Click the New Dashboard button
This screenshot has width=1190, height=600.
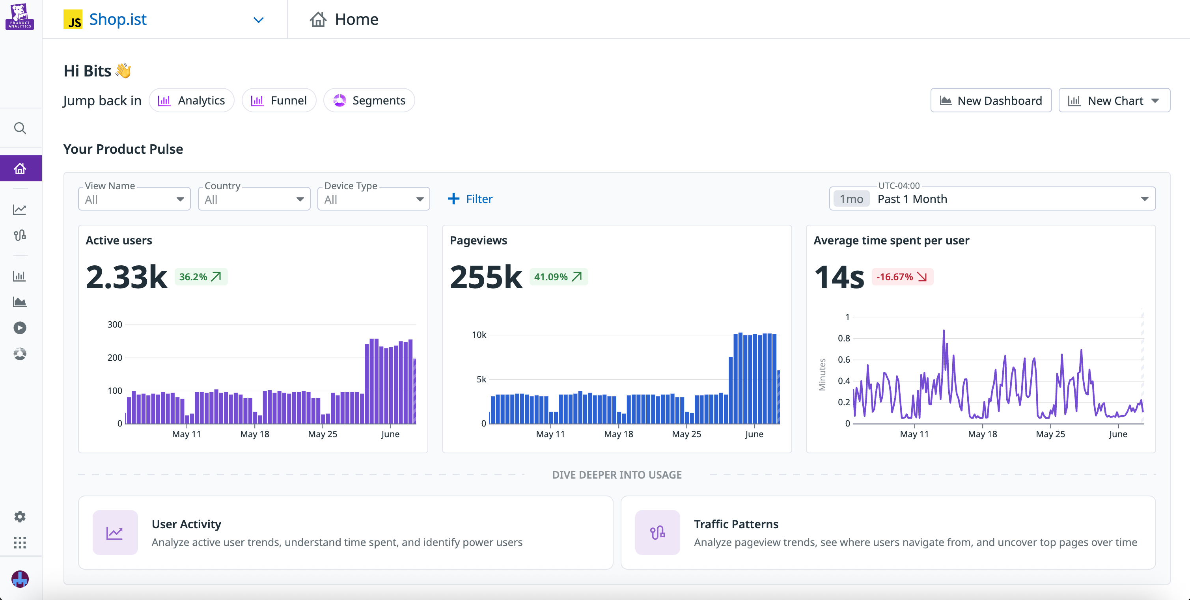[990, 100]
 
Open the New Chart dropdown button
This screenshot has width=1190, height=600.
[1114, 100]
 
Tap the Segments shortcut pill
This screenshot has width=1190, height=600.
[369, 100]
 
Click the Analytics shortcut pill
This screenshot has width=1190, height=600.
[191, 100]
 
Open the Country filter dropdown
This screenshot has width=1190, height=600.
[254, 199]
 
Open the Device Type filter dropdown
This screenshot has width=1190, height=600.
[373, 199]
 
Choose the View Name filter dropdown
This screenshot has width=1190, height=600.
[134, 199]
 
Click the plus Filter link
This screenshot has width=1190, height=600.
[470, 199]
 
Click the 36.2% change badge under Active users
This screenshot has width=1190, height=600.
[200, 277]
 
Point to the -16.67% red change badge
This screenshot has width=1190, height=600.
[902, 277]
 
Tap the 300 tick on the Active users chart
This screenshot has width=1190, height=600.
[115, 325]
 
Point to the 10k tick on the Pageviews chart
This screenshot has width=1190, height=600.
[479, 335]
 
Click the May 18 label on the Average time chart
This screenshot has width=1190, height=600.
[982, 434]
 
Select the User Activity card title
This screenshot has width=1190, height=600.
[186, 524]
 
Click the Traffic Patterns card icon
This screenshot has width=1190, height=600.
[657, 533]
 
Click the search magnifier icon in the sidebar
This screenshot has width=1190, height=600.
[20, 128]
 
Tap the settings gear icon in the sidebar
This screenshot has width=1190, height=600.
[20, 516]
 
